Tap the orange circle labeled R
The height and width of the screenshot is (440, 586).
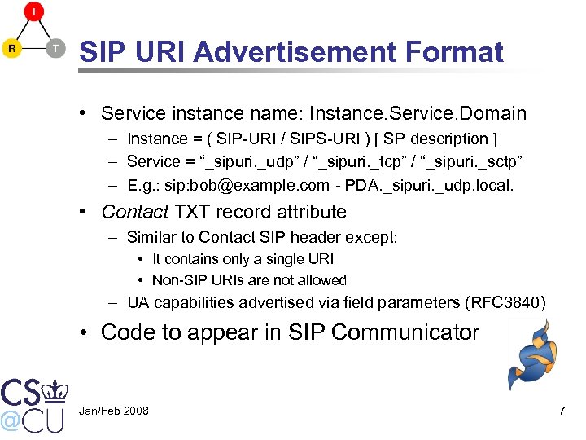tap(12, 49)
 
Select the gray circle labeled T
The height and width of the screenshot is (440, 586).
tap(55, 49)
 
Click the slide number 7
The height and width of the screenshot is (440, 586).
tap(562, 411)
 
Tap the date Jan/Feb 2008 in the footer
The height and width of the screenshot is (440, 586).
tap(114, 411)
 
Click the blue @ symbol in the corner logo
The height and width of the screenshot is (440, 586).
tap(10, 420)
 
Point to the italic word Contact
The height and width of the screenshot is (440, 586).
tap(134, 213)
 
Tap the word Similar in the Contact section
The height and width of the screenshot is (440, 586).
tap(151, 238)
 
